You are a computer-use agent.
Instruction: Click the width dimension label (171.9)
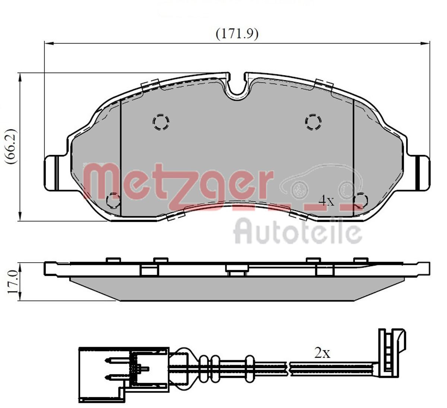[x=237, y=34]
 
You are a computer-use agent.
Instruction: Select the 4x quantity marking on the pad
[x=327, y=201]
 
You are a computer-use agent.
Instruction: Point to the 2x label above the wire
[x=322, y=353]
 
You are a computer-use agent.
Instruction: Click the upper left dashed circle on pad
[x=161, y=121]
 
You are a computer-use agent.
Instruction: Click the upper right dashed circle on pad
[x=313, y=121]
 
